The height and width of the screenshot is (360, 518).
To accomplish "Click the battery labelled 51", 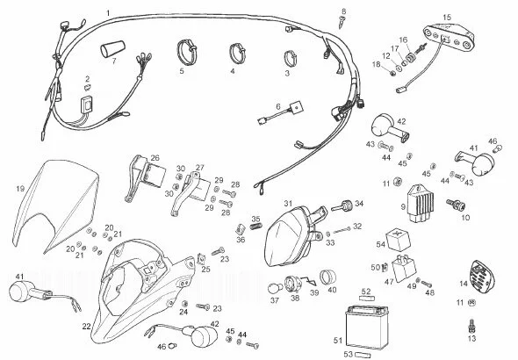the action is (x=366, y=328).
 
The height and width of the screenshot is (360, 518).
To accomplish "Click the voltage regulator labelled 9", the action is (x=421, y=204).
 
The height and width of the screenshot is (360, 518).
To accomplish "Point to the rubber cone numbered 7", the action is (x=113, y=49).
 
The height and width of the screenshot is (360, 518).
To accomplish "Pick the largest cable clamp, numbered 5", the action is (x=187, y=52).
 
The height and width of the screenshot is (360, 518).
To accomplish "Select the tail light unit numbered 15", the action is (x=450, y=37).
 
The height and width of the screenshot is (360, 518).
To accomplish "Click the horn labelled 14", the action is (x=483, y=276).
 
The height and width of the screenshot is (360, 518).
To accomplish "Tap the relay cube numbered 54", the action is (x=398, y=239).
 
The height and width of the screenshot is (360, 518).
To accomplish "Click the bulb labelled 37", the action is (x=274, y=289).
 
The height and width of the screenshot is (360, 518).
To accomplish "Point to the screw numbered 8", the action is (x=342, y=23).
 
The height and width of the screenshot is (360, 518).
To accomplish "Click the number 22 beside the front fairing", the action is (x=86, y=327).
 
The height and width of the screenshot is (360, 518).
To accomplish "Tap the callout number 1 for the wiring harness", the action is (x=108, y=13).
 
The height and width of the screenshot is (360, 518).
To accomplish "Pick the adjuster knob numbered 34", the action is (x=343, y=206).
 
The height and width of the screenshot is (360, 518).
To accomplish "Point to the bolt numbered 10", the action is (x=456, y=205).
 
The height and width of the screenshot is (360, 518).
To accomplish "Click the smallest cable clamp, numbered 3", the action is (x=291, y=58).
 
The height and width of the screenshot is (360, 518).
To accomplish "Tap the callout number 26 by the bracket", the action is (x=155, y=158).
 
